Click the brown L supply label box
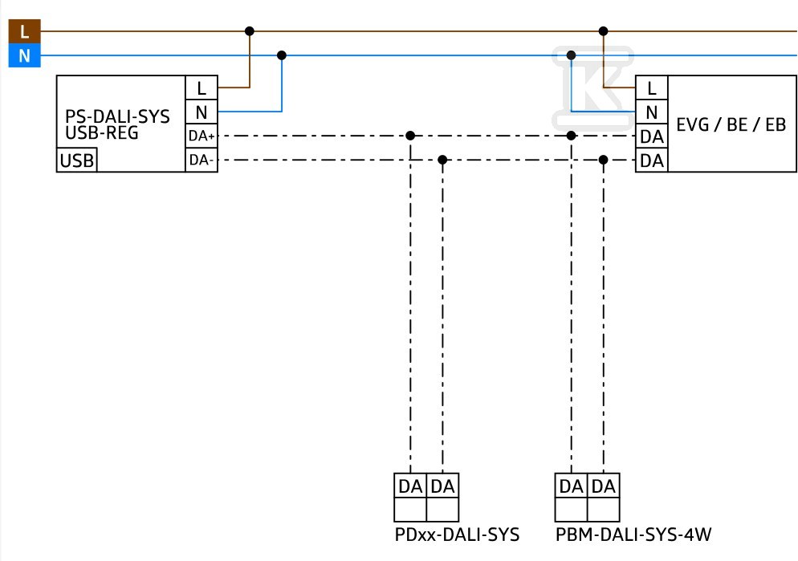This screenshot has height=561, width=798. [x=24, y=31]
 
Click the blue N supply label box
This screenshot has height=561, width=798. [x=24, y=55]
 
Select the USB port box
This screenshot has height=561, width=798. [x=76, y=161]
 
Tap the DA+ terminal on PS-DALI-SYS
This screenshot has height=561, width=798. [x=202, y=136]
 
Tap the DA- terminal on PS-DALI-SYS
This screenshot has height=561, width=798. [x=202, y=161]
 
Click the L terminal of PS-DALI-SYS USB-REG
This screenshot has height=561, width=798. [x=202, y=88]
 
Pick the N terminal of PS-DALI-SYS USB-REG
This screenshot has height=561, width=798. [x=202, y=112]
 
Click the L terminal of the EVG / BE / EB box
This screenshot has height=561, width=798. [x=651, y=88]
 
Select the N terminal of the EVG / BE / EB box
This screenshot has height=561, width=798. [x=651, y=112]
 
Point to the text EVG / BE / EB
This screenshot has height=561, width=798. [x=731, y=124]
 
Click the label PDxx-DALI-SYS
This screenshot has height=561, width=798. [x=457, y=535]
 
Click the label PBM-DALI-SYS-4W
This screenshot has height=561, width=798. [x=633, y=535]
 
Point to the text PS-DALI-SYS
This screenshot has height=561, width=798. [x=117, y=116]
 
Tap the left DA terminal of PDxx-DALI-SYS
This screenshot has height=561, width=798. [x=410, y=486]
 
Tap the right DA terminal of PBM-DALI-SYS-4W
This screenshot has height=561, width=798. [x=604, y=486]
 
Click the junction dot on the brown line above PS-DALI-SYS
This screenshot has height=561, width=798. [x=250, y=31]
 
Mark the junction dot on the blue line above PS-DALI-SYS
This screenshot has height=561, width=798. [x=282, y=55]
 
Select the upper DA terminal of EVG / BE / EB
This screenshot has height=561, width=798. [x=651, y=136]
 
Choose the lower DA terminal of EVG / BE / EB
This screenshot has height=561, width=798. [x=651, y=161]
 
